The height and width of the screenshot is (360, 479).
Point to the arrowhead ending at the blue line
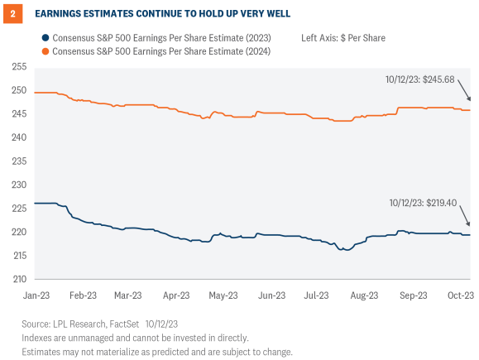pyautogui.click(x=469, y=224)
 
